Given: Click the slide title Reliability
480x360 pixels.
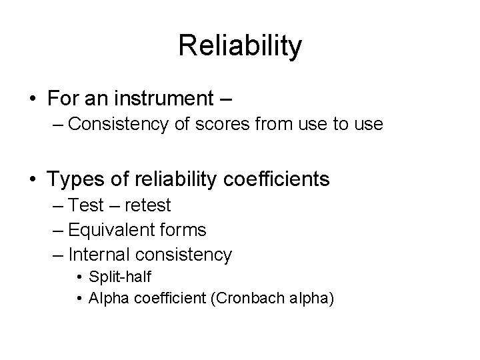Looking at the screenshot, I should (x=240, y=47).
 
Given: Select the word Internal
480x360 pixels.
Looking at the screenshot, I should (x=98, y=254).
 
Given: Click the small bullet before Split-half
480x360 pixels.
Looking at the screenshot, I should (x=79, y=277).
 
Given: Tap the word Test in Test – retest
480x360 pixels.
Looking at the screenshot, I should (x=85, y=205).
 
